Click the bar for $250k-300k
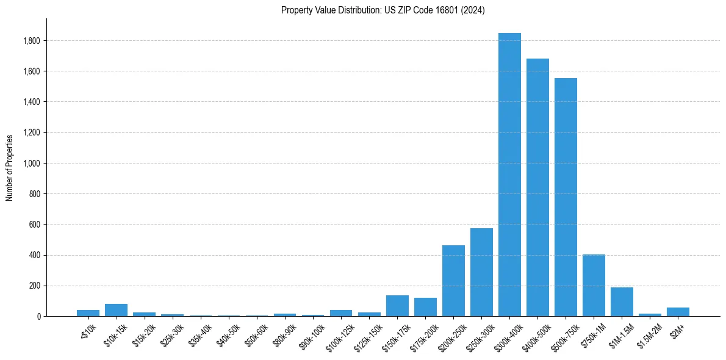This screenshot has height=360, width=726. click(481, 272)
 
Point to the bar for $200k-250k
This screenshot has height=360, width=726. click(453, 281)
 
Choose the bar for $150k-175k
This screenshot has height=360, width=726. click(397, 306)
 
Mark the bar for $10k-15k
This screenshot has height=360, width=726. click(116, 310)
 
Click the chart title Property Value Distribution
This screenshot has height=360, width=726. click(383, 10)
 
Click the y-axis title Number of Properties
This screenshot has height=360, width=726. click(10, 167)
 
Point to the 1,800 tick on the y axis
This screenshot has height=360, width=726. click(32, 41)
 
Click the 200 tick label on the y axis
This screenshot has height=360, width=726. click(35, 286)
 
